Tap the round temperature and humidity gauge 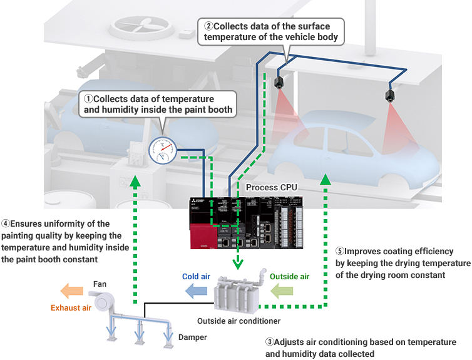pyautogui.click(x=163, y=149)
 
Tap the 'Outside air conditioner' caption pyautogui.click(x=239, y=321)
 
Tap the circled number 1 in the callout pyautogui.click(x=88, y=99)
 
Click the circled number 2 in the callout pyautogui.click(x=208, y=26)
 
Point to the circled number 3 pyautogui.click(x=270, y=342)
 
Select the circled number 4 pyautogui.click(x=5, y=224)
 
